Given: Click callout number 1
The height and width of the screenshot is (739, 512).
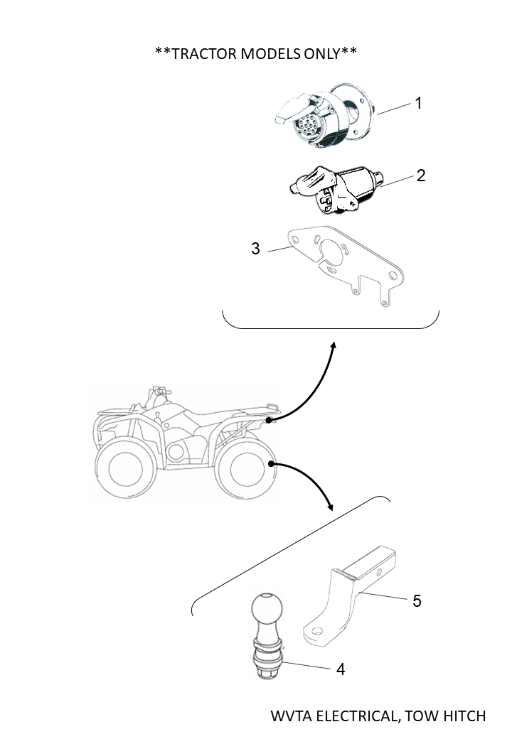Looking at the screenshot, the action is tap(419, 103).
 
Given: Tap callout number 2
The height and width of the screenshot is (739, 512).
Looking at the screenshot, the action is tap(421, 175).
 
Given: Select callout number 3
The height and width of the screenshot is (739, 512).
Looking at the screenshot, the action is tap(255, 249).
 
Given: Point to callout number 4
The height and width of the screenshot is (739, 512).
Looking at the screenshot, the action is tap(341, 669).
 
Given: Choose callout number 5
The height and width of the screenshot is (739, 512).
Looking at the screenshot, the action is tap(417, 600).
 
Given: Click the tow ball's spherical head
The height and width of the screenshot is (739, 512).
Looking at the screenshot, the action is tap(267, 609).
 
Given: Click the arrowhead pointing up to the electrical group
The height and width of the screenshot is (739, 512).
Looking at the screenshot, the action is tap(333, 345).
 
